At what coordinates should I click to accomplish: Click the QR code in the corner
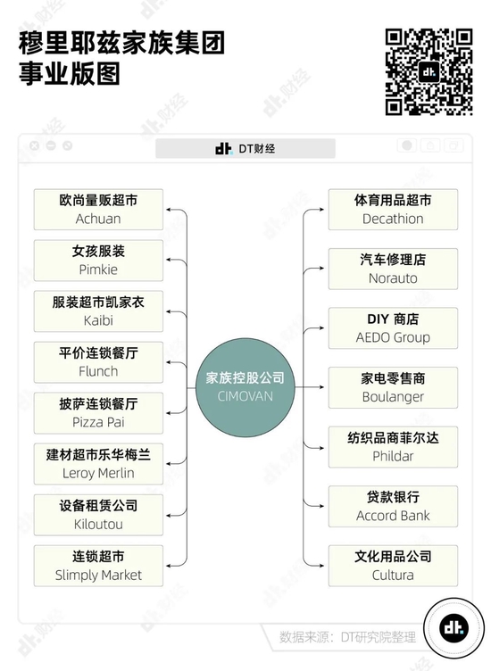tap(429, 72)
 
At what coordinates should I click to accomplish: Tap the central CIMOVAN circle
tap(245, 387)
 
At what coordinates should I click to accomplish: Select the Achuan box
tap(98, 210)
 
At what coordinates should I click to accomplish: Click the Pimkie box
tap(98, 261)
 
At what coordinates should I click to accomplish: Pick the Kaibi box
tap(98, 311)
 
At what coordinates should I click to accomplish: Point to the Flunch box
tap(98, 362)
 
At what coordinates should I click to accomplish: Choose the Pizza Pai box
tap(98, 413)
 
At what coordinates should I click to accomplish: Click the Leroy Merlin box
tap(98, 464)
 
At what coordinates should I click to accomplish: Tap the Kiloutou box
tap(98, 515)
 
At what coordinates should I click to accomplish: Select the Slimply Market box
tap(98, 566)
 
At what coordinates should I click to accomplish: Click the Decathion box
tap(393, 210)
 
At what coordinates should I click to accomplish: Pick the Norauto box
tap(393, 269)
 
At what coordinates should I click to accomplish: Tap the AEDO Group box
tap(393, 328)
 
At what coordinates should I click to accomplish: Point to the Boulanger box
tap(393, 387)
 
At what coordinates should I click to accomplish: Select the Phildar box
tap(393, 447)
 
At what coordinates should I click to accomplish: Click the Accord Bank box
tap(393, 506)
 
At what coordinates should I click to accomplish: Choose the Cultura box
tap(393, 566)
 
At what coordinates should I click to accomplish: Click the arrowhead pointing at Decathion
tap(321, 210)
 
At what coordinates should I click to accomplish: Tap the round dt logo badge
tap(454, 628)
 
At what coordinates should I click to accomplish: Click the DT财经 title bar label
tap(245, 148)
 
